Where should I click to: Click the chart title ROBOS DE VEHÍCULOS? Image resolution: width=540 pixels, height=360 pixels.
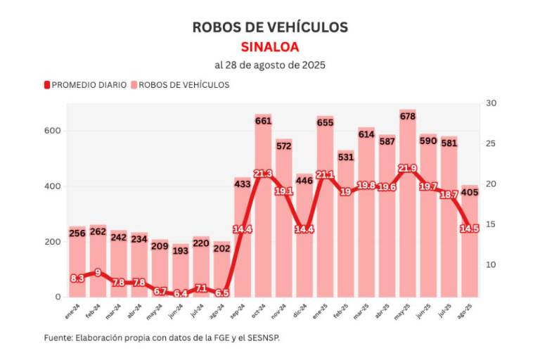(x=270, y=27)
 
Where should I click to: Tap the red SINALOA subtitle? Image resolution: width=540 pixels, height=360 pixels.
(x=270, y=47)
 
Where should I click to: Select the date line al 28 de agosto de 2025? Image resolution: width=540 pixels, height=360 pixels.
(x=270, y=65)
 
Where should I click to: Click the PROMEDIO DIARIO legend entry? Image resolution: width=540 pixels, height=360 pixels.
(x=89, y=85)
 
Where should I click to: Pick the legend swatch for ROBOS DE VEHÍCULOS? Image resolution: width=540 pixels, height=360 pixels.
(x=134, y=85)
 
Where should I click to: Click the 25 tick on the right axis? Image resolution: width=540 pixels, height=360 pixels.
(x=491, y=143)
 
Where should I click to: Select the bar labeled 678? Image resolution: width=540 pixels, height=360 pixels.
(x=408, y=211)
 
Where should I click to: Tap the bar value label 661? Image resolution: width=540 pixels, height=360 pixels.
(x=263, y=120)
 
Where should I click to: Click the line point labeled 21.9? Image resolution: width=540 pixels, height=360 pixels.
(x=408, y=169)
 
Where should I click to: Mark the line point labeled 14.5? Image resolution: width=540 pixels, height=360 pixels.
(x=470, y=229)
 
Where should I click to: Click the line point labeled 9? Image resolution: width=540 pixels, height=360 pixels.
(x=98, y=273)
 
